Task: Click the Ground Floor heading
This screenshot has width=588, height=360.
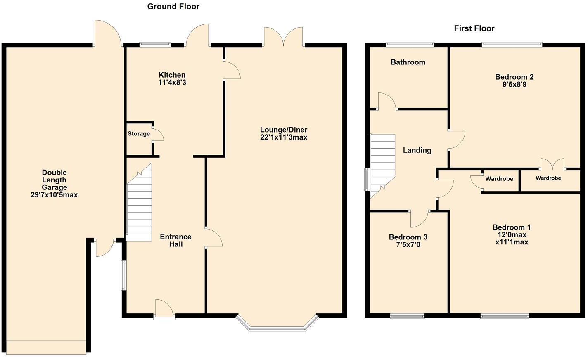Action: tap(173, 7)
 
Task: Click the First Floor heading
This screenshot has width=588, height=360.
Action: tap(474, 28)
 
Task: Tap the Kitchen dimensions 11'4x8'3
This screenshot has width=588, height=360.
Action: tap(172, 83)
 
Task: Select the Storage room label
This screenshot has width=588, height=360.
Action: tap(139, 134)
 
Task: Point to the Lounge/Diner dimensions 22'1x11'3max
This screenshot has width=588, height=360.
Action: tap(284, 137)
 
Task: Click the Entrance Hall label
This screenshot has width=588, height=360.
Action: tap(175, 240)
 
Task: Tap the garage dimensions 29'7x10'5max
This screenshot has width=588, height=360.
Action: tap(54, 195)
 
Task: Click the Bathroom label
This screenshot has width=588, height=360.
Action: tap(408, 62)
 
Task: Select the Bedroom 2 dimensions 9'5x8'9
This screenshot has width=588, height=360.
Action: tap(514, 85)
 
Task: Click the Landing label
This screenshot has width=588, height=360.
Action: tap(417, 150)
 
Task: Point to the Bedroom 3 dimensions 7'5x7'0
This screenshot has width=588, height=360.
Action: tap(408, 245)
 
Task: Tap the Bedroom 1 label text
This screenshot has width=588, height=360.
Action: tap(512, 227)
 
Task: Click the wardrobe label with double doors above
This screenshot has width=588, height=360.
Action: tap(548, 178)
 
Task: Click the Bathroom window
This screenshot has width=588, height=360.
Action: tap(410, 43)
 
